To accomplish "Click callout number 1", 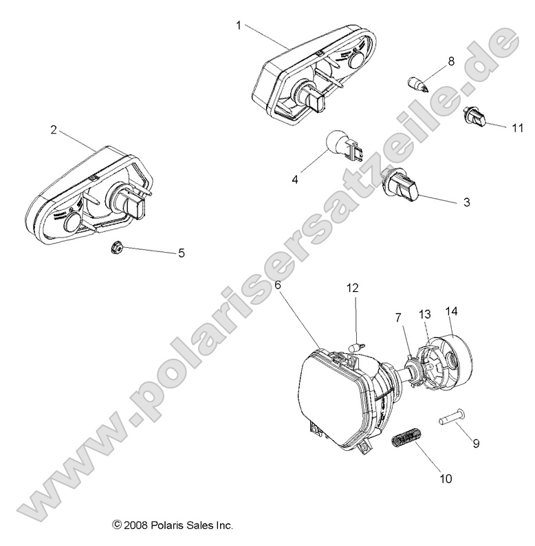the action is [238, 25].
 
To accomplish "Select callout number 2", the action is [53, 129].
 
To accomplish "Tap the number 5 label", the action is [182, 253].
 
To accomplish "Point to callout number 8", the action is [451, 61].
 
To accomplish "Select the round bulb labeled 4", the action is [341, 145].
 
